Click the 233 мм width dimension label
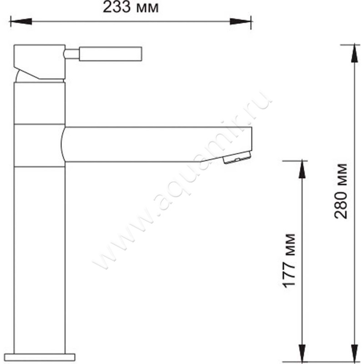pos(131,7)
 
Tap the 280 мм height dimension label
pos(340,191)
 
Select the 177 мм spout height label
pos(289,261)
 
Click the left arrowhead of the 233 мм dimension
pos(21,21)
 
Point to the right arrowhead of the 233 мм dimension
pos(241,21)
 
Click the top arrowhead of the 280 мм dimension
pos(354,53)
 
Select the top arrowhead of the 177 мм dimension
pos(302,169)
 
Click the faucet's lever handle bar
pos(111,54)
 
